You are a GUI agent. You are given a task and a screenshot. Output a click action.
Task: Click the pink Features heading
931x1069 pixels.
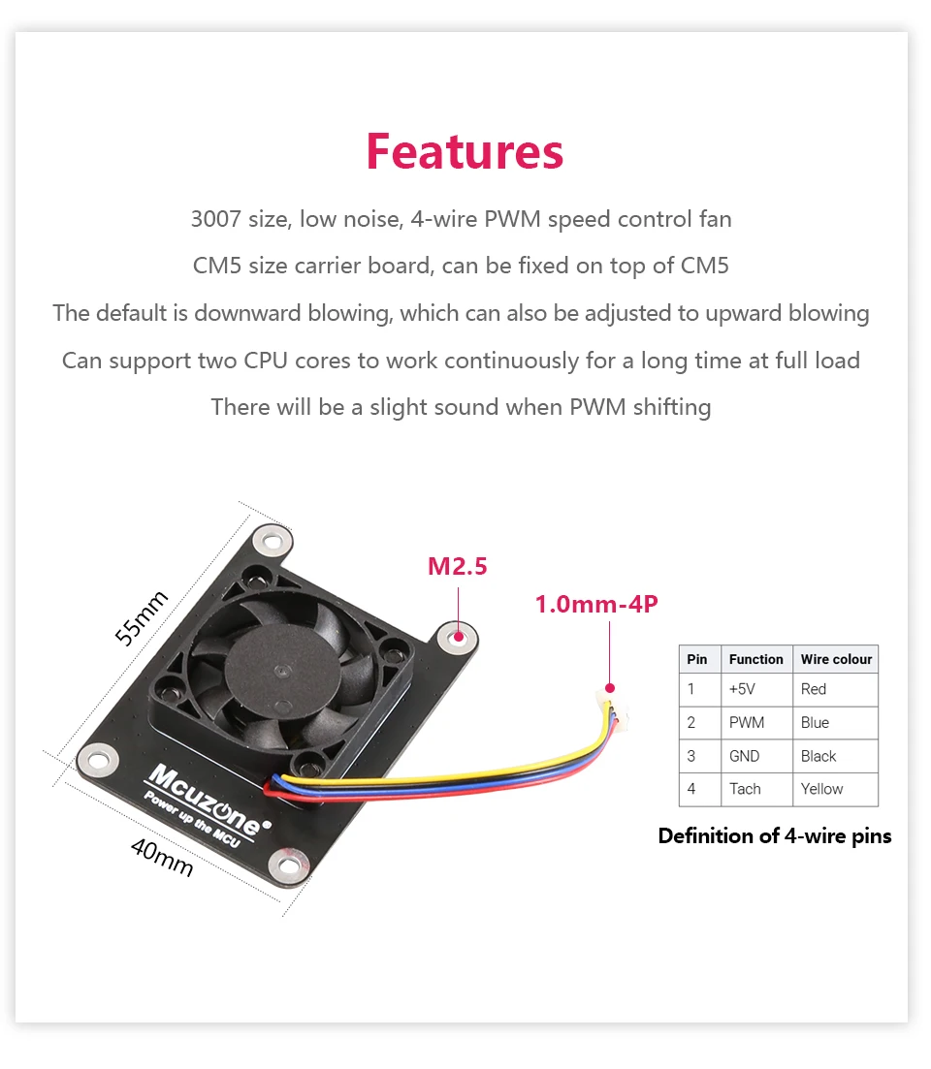465,152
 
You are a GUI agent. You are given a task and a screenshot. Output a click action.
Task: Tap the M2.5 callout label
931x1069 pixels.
458,566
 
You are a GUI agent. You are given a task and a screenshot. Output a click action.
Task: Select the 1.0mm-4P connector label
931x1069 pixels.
596,605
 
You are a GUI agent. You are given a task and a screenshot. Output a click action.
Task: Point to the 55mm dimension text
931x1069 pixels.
142,617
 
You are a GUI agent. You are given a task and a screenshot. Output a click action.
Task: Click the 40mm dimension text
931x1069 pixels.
162,858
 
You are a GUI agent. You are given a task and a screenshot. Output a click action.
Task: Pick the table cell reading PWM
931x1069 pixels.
747,723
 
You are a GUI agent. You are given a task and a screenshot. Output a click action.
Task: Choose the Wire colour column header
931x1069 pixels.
836,660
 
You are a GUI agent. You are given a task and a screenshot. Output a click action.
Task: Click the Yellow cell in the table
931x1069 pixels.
822,789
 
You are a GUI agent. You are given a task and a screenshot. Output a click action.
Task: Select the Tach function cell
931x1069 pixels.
745,789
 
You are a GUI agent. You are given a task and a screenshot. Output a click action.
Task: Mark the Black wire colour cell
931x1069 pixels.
819,756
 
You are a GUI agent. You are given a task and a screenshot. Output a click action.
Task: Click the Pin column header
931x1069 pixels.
697,660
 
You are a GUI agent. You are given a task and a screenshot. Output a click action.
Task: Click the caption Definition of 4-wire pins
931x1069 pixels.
774,836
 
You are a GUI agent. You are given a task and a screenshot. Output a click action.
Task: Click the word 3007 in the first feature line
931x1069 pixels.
216,220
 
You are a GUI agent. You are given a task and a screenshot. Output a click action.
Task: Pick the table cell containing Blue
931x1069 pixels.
815,723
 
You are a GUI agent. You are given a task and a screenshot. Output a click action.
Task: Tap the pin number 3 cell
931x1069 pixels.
691,756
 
